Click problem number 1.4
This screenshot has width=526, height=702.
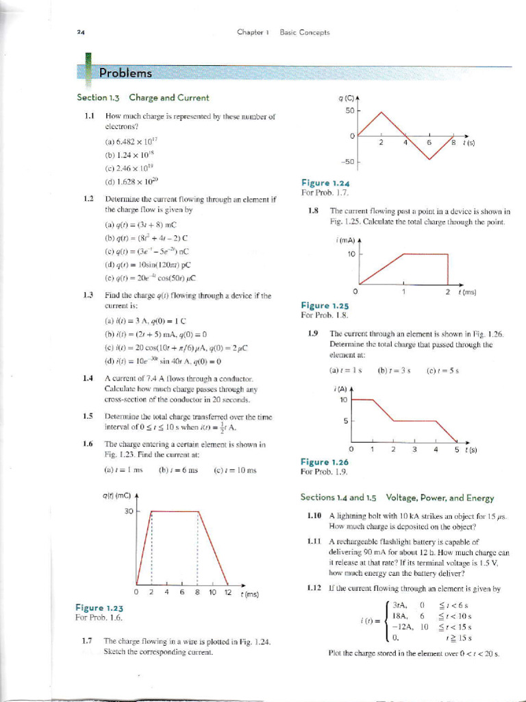(88, 377)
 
